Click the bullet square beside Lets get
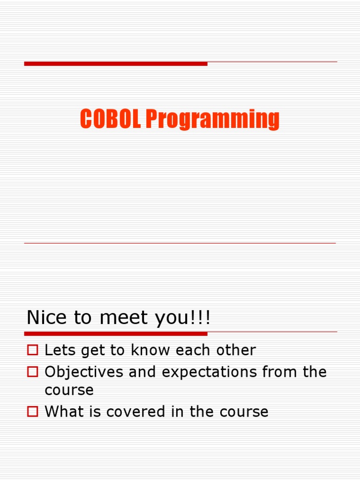(32, 350)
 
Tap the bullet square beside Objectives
(32, 372)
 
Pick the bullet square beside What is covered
(32, 412)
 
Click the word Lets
(59, 350)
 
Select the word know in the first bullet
(149, 350)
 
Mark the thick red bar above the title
(116, 63)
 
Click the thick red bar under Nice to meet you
(116, 334)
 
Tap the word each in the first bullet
(190, 350)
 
